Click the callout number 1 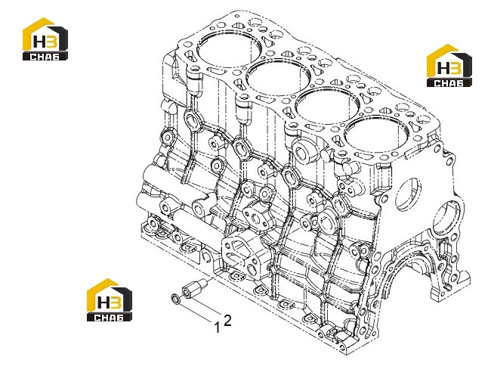[216, 327]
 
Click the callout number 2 [227, 321]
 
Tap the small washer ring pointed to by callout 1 [176, 299]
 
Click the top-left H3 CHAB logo [45, 39]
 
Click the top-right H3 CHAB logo [449, 65]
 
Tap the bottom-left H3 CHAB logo [110, 300]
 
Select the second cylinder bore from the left [279, 79]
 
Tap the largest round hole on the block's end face [449, 219]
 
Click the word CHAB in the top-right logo [449, 82]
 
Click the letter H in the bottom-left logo [103, 303]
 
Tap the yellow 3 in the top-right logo [455, 68]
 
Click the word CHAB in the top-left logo [45, 57]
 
